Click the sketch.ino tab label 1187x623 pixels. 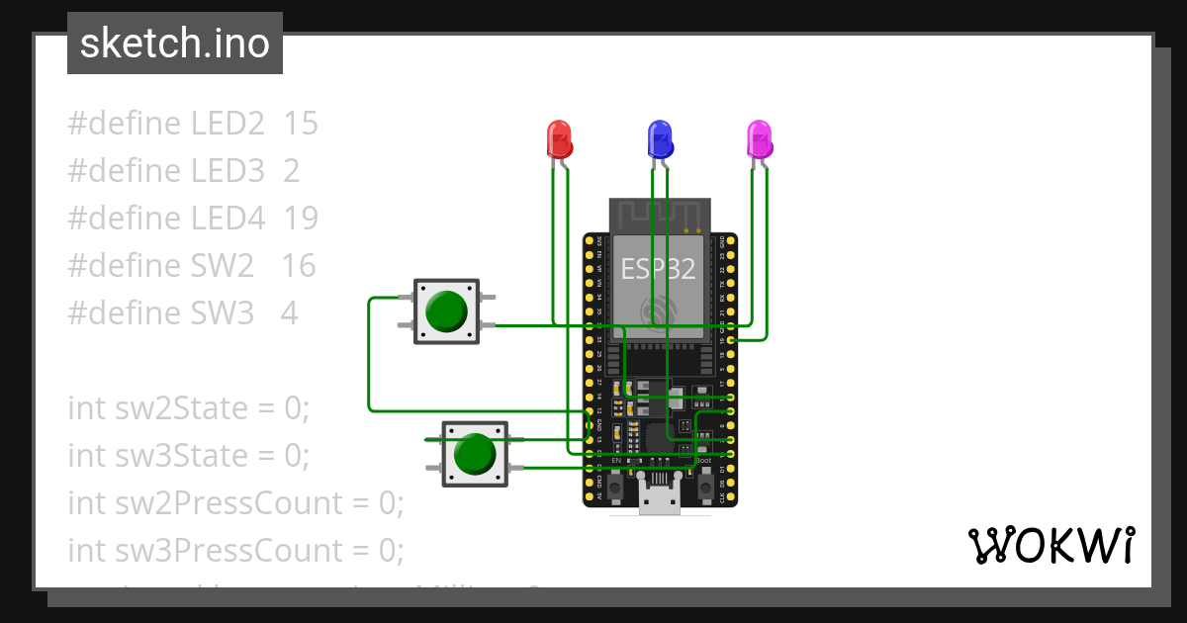pos(174,44)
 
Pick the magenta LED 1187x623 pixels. pos(759,139)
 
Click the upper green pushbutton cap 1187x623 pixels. pos(446,311)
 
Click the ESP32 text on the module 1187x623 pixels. pos(657,268)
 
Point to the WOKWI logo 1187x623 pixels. pos(1050,545)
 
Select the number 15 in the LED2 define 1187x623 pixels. pos(301,124)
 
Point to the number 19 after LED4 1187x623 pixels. pos(301,219)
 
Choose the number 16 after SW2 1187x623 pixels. pos(298,266)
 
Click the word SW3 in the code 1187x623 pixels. pos(223,313)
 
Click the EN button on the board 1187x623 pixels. pos(614,487)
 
